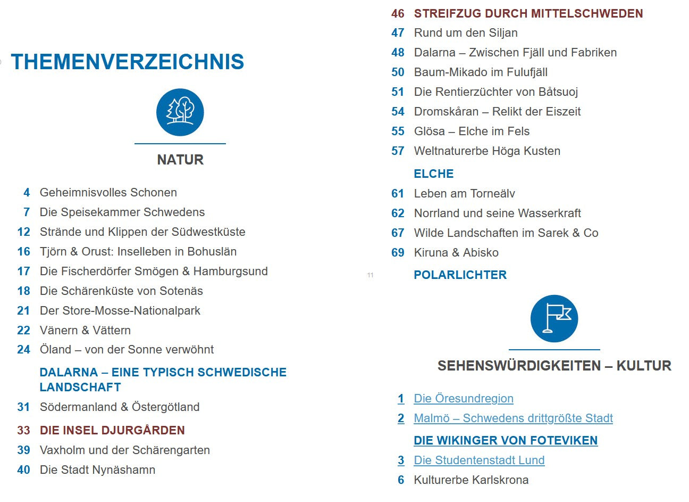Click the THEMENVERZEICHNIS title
pyautogui.click(x=128, y=62)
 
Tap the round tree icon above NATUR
pyautogui.click(x=180, y=112)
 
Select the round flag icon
pyautogui.click(x=554, y=318)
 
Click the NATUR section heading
pyautogui.click(x=180, y=160)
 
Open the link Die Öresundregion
pyautogui.click(x=464, y=399)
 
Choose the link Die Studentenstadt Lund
pyautogui.click(x=479, y=460)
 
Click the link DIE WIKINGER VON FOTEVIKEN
pyautogui.click(x=506, y=441)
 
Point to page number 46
pyautogui.click(x=398, y=14)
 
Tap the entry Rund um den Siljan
pyautogui.click(x=466, y=33)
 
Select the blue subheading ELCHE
pyautogui.click(x=434, y=174)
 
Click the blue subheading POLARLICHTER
pyautogui.click(x=460, y=275)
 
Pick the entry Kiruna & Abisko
pyautogui.click(x=456, y=253)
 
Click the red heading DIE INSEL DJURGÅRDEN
pyautogui.click(x=112, y=431)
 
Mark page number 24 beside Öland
pyautogui.click(x=23, y=350)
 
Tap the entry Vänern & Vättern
pyautogui.click(x=85, y=331)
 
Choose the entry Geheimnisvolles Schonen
pyautogui.click(x=108, y=193)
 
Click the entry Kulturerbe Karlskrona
pyautogui.click(x=471, y=480)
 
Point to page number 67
pyautogui.click(x=398, y=233)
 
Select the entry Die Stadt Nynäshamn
pyautogui.click(x=98, y=470)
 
